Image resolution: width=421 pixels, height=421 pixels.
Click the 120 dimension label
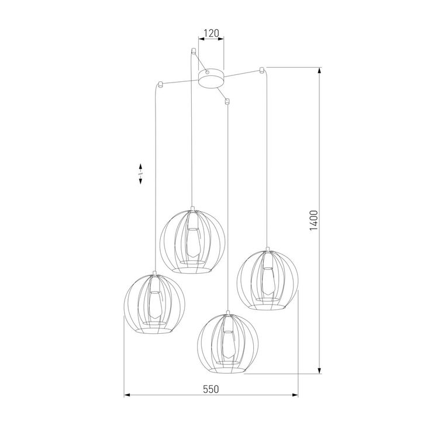point(211,33)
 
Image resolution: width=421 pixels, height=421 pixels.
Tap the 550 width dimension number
point(210,389)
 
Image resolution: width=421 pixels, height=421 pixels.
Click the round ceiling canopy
point(211,78)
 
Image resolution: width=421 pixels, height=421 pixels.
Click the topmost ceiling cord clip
point(192,51)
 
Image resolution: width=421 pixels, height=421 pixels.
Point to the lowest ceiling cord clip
point(227,102)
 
